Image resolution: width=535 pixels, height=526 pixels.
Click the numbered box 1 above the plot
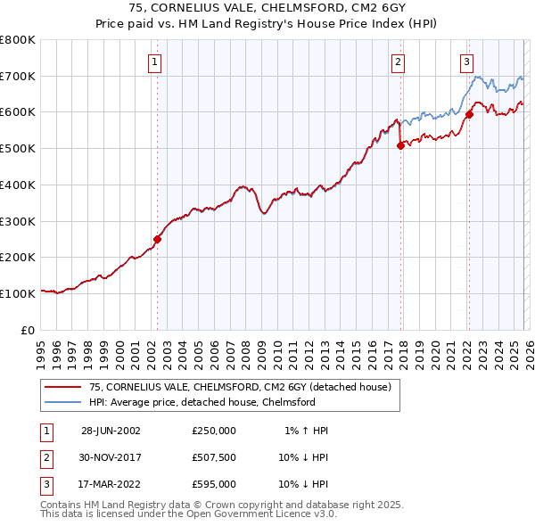point(155,62)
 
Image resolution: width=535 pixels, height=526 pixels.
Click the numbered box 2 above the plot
point(398,62)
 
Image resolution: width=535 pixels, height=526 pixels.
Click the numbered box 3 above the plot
point(466,62)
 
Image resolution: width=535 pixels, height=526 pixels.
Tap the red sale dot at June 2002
point(158,239)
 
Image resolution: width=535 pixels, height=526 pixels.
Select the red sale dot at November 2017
point(400,145)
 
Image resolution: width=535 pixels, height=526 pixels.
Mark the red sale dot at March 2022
point(469,114)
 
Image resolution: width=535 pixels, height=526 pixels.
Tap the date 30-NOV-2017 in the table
point(111,457)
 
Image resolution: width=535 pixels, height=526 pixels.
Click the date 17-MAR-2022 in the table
point(111,484)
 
